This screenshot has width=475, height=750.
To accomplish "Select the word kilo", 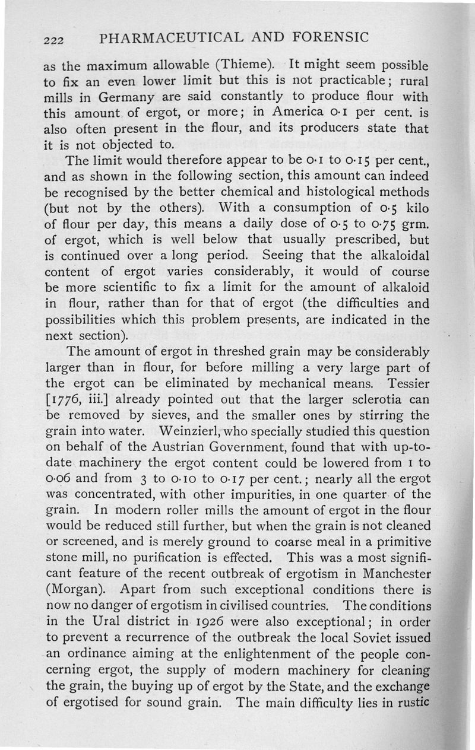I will tap(415, 208).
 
